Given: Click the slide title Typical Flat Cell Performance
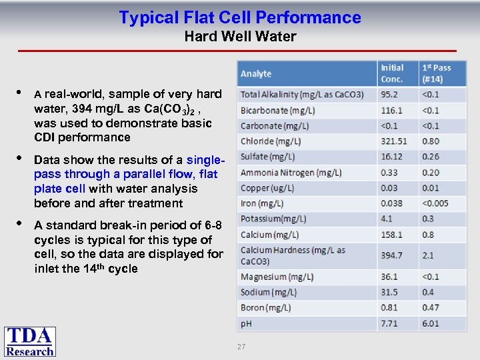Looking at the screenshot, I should [x=240, y=17].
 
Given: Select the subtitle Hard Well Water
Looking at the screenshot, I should [x=240, y=37].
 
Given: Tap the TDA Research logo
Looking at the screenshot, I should [x=30, y=342].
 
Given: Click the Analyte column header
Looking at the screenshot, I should [x=256, y=73].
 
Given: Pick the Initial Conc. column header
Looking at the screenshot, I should [x=393, y=73].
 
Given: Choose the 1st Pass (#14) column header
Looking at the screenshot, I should [x=436, y=73].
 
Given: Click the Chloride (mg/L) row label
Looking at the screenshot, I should [x=271, y=141].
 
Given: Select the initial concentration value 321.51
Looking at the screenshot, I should [x=394, y=141].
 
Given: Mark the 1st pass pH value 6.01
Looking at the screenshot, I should [x=431, y=323].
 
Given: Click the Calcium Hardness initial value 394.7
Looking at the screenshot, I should [x=391, y=255].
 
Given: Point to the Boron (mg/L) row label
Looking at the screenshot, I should [x=266, y=308].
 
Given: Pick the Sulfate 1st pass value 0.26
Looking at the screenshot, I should [x=431, y=157].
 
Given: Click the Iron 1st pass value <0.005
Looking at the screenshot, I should [x=435, y=203].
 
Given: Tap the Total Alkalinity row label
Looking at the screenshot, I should [x=302, y=95].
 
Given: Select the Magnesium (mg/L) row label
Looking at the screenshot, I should [x=273, y=277].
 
